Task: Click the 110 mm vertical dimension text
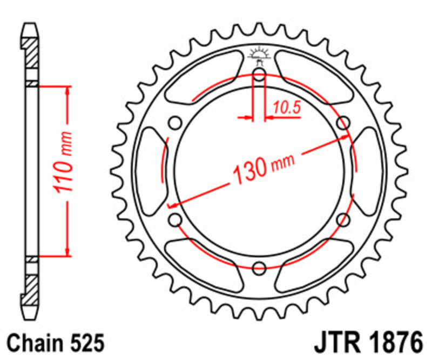(65, 169)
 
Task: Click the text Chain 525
(55, 343)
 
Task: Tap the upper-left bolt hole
(175, 123)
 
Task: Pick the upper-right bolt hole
(343, 123)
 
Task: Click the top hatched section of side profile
(31, 54)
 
